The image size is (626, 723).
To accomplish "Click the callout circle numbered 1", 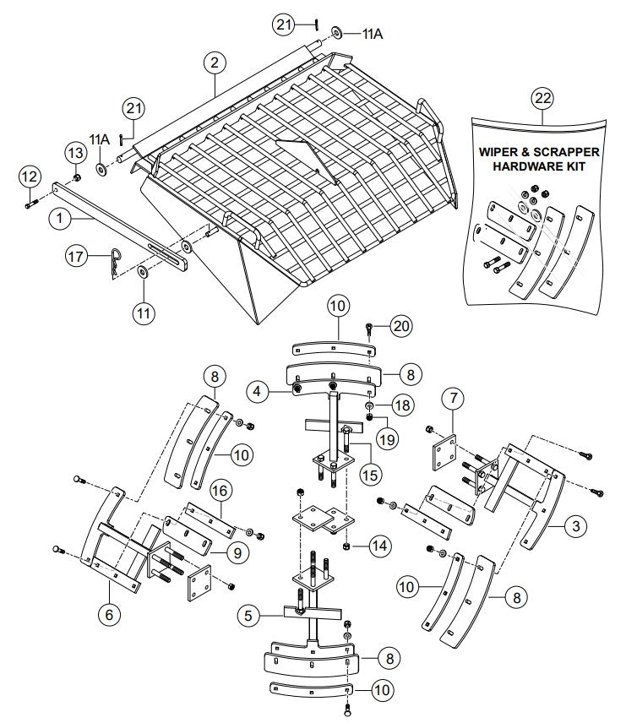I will pos(60,217).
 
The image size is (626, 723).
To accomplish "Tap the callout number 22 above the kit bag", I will pos(542,99).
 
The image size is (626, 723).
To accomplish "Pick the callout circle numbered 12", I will pos(29,177).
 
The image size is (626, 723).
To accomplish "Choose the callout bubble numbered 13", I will pos(76,152).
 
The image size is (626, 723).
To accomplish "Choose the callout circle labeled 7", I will pos(453,397).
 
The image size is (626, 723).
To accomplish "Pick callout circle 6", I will pos(108,615).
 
